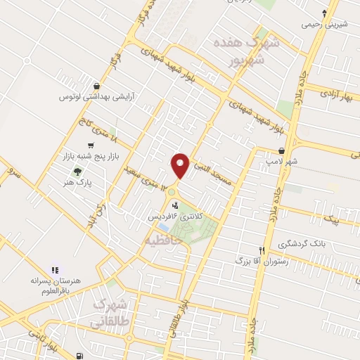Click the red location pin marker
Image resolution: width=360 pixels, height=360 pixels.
click(180, 165)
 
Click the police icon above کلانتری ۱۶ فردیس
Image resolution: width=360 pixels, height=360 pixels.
click(174, 205)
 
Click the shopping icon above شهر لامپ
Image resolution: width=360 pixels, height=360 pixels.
click(281, 150)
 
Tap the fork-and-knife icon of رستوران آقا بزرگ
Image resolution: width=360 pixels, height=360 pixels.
click(262, 250)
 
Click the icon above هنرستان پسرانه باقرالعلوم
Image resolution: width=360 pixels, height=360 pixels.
click(55, 269)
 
